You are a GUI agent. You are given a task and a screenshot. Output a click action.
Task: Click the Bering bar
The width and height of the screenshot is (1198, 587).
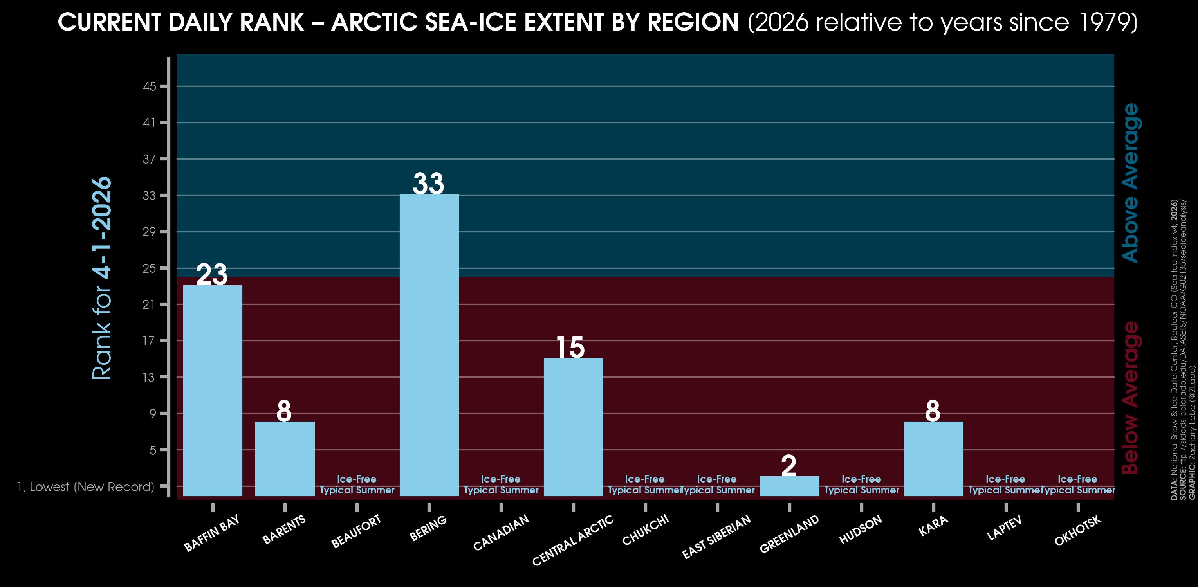tap(429, 345)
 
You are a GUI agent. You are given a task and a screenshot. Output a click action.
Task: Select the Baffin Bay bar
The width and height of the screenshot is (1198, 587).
tap(213, 391)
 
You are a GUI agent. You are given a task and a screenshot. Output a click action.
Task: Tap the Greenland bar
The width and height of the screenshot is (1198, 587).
tap(789, 486)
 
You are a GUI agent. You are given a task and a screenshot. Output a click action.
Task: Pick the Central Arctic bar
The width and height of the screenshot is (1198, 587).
tap(573, 427)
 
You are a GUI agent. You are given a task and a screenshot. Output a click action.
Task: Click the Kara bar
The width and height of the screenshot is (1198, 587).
tap(933, 459)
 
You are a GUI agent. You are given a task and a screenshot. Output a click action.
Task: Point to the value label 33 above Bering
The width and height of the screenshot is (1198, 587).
tap(428, 183)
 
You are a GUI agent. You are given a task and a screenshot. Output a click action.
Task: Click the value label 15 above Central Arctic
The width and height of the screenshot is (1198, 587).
tap(570, 347)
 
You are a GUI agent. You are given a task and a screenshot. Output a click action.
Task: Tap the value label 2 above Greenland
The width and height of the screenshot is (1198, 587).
tap(789, 465)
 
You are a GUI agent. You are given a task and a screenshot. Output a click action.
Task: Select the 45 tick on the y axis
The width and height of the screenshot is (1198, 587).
tap(149, 86)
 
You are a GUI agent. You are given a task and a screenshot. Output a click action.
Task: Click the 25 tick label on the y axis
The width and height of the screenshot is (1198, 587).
tap(149, 268)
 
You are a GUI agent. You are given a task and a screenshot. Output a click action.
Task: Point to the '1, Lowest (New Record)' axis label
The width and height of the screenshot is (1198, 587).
tap(86, 486)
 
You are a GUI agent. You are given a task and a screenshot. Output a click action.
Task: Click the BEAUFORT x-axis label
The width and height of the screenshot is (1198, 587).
tap(356, 531)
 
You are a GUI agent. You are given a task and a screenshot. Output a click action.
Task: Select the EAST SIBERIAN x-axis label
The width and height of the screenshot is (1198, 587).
tap(716, 537)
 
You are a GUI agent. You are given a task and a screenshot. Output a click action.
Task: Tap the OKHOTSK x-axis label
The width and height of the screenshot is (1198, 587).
tap(1077, 530)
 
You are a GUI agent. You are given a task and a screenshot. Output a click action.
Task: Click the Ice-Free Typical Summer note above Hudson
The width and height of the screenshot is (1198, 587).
tap(861, 484)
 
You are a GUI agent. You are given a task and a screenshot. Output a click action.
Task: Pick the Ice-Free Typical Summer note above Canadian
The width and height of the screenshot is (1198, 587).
tap(501, 484)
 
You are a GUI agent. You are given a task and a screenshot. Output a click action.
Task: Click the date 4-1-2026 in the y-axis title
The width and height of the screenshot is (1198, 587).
tap(102, 228)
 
